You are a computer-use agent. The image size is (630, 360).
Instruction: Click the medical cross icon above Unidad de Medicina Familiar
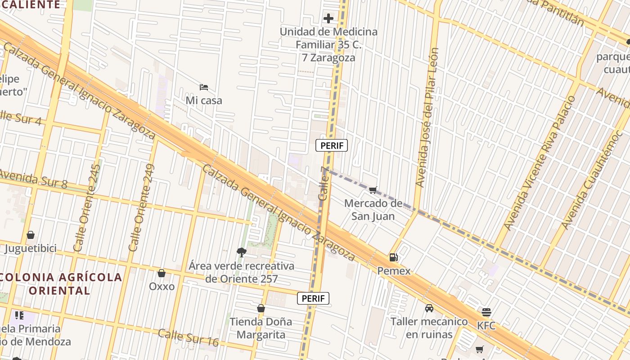point(328,18)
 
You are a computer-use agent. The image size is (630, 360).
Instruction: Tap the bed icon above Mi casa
point(204,87)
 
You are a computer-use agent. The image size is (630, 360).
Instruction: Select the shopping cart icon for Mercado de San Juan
point(373,190)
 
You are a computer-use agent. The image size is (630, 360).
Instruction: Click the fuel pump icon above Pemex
point(393,257)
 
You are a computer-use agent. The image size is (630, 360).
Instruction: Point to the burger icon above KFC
point(486,312)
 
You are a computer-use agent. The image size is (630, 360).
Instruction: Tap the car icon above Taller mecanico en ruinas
point(429,308)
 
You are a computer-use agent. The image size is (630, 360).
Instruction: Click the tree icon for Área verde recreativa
point(242,252)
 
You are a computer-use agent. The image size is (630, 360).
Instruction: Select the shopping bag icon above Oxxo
point(162,273)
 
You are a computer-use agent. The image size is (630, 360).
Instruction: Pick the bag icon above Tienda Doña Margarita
point(261,308)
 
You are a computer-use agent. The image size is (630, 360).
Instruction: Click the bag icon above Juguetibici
point(31,235)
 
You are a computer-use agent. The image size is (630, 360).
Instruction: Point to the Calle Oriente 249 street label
point(141,208)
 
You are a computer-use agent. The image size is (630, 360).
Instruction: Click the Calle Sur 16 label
point(188,337)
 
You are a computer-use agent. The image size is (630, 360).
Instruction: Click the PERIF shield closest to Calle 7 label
point(332,145)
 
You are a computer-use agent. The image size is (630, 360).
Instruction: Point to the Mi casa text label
point(204,100)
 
